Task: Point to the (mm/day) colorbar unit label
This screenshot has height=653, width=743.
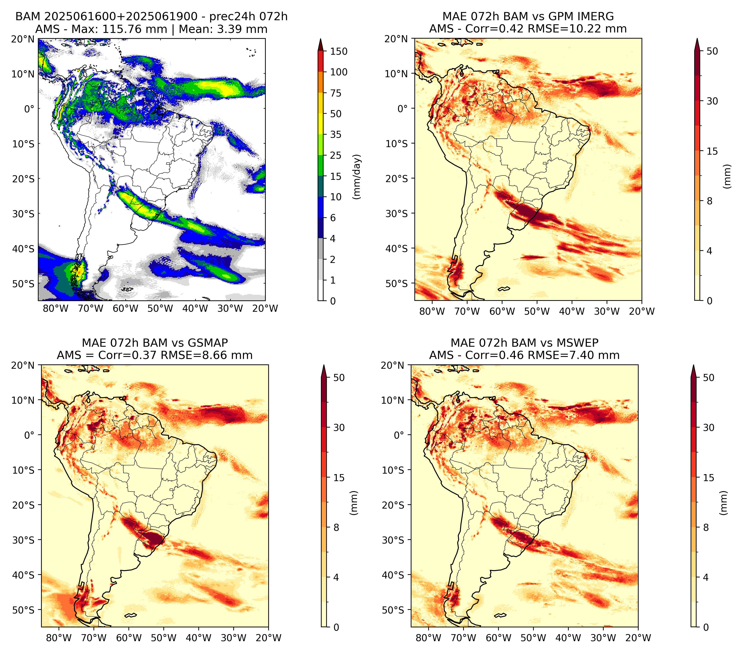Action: tap(357, 176)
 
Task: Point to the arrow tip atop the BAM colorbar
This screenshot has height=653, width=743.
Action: tap(321, 39)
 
